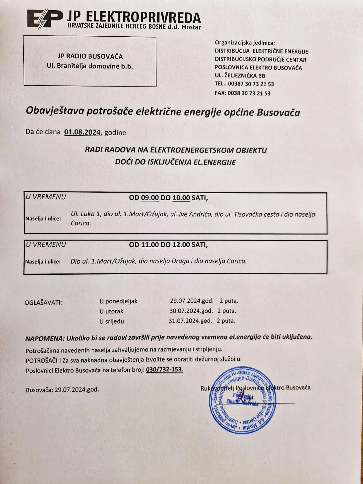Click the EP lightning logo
point(44,19)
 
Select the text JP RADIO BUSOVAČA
point(90,57)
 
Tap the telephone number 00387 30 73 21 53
point(251,84)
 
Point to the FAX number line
point(243,93)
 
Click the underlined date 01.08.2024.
point(83,132)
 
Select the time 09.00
point(150,198)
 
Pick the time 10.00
point(181,198)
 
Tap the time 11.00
point(150,245)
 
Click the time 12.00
point(181,245)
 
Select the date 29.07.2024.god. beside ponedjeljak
point(192,301)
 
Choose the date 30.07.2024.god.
point(191,311)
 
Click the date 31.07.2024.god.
point(190,321)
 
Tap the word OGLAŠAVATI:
point(43,302)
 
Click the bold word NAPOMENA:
point(45,338)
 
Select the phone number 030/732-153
point(165,370)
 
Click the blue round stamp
point(243,399)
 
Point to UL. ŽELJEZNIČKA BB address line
point(240,76)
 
